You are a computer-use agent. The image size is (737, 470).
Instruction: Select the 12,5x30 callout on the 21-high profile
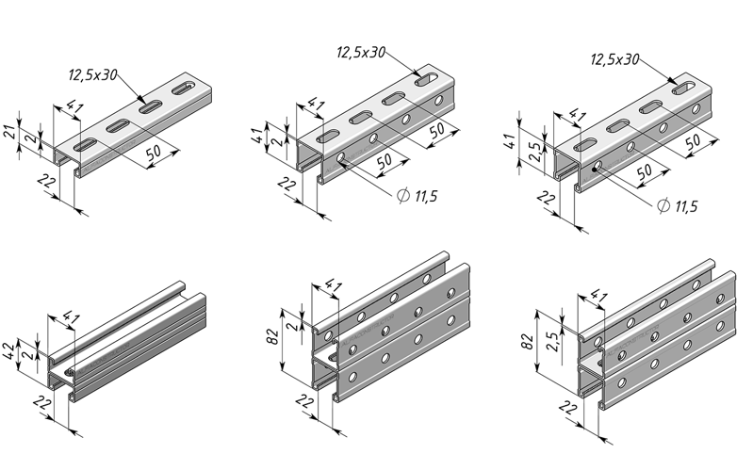pyautogui.click(x=92, y=75)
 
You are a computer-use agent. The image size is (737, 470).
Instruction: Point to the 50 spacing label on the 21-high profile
pyautogui.click(x=154, y=153)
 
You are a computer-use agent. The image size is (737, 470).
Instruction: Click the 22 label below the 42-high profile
pyautogui.click(x=42, y=403)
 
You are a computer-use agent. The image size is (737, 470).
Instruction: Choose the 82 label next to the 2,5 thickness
pyautogui.click(x=528, y=341)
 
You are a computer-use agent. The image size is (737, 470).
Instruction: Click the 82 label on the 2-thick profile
pyautogui.click(x=273, y=337)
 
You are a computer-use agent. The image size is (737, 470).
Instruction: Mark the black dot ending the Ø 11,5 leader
pyautogui.click(x=595, y=170)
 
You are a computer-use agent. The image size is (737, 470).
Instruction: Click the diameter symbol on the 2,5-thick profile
pyautogui.click(x=663, y=205)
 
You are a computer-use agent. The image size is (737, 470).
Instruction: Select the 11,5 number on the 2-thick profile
pyautogui.click(x=426, y=196)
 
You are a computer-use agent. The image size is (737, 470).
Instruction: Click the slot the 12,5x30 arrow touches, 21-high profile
pyautogui.click(x=150, y=107)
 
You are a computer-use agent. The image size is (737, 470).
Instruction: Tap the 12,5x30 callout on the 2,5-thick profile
pyautogui.click(x=614, y=59)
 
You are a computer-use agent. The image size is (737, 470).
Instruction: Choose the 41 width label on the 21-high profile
pyautogui.click(x=74, y=107)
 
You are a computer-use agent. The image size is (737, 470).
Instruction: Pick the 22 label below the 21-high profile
pyautogui.click(x=46, y=181)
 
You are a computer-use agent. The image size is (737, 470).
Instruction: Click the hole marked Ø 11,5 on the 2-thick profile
pyautogui.click(x=341, y=157)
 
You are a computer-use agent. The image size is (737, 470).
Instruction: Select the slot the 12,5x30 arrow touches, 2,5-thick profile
pyautogui.click(x=685, y=88)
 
